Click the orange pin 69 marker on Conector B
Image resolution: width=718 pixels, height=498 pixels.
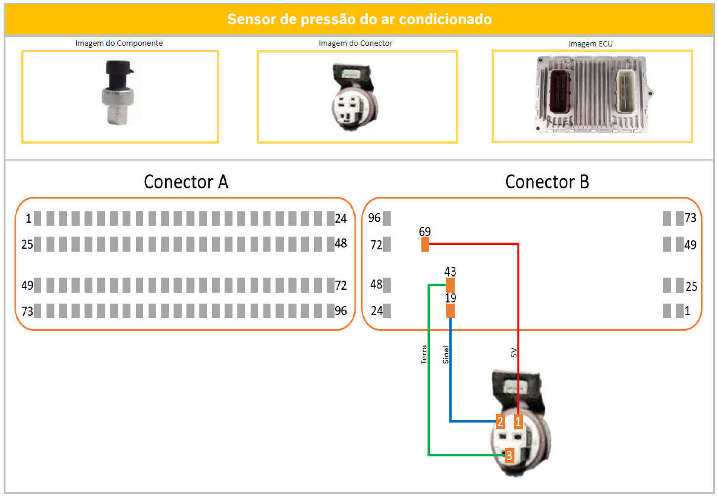[x=425, y=244]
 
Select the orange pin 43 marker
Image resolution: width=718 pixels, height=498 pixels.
[x=450, y=285]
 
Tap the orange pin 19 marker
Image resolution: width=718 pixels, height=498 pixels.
[x=450, y=311]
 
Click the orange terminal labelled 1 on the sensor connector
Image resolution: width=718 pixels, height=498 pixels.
[x=518, y=421]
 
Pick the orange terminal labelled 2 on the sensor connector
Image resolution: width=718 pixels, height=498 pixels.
[x=500, y=421]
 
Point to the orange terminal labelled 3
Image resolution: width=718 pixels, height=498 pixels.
[x=508, y=455]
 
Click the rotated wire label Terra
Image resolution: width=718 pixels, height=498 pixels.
[x=423, y=355]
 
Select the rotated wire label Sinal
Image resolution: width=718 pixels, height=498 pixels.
[x=446, y=355]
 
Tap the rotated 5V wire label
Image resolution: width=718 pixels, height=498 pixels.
[x=513, y=353]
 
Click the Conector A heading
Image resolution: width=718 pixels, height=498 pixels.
[x=186, y=182]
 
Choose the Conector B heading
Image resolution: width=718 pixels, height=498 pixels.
[x=547, y=182]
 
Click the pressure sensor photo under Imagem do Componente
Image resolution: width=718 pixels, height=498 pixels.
[x=118, y=93]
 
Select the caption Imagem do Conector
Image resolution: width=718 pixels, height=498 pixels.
[x=356, y=43]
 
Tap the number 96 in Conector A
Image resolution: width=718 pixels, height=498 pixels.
[x=341, y=311]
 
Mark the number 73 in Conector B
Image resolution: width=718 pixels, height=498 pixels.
[x=690, y=218]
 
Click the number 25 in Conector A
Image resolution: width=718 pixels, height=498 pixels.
[x=27, y=244]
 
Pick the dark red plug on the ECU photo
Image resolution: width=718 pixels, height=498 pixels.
[x=560, y=92]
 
